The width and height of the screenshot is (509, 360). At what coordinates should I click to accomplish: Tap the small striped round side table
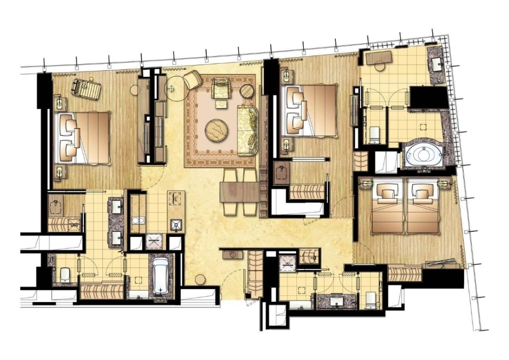247,92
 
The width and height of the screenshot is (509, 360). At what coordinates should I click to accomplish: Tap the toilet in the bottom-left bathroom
65,275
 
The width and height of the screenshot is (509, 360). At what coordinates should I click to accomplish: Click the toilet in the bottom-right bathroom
369,299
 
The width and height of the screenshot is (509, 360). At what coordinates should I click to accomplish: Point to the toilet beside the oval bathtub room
374,134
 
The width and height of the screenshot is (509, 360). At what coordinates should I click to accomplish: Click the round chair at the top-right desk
377,65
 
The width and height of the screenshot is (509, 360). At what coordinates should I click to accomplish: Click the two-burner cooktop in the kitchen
137,220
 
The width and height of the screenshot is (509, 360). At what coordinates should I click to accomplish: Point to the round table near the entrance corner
201,279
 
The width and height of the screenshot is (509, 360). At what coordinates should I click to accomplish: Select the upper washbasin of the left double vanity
116,206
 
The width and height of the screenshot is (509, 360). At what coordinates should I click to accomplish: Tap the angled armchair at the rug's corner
193,79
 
